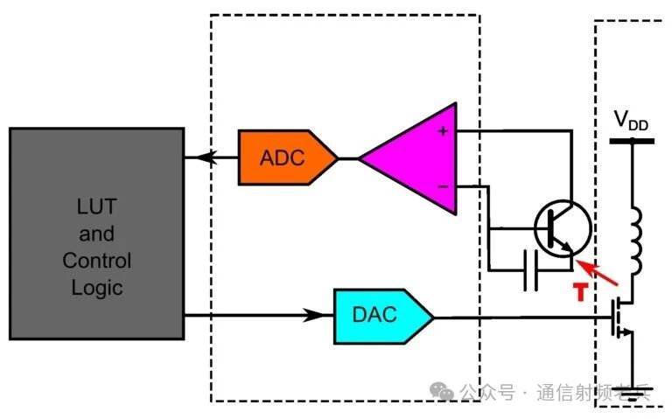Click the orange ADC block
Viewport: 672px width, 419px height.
[x=284, y=157]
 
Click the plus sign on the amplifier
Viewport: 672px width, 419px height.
[x=443, y=132]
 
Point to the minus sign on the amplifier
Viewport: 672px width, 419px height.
[x=443, y=186]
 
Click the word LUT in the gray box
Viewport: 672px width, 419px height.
[x=96, y=208]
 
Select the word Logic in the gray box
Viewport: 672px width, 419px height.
[x=96, y=287]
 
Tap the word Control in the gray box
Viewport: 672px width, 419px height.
[x=96, y=261]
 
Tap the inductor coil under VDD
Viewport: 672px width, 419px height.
[x=633, y=240]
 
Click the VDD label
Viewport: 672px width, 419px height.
[x=630, y=121]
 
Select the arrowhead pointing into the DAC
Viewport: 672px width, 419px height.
[x=311, y=315]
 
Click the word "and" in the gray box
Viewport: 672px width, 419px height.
[x=96, y=234]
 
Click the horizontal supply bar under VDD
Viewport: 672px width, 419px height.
[x=631, y=139]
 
